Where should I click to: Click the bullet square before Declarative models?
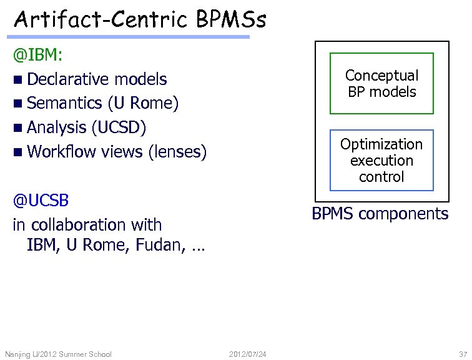tap(18, 80)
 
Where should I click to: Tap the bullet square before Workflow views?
tap(18, 152)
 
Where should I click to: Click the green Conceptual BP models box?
tap(381, 84)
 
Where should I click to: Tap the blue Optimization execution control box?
tap(381, 160)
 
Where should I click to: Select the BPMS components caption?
tap(380, 214)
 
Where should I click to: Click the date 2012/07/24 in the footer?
tap(248, 354)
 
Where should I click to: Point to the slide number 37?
tap(462, 354)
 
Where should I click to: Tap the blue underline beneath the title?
tap(131, 37)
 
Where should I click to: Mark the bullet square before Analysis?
tap(18, 128)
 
